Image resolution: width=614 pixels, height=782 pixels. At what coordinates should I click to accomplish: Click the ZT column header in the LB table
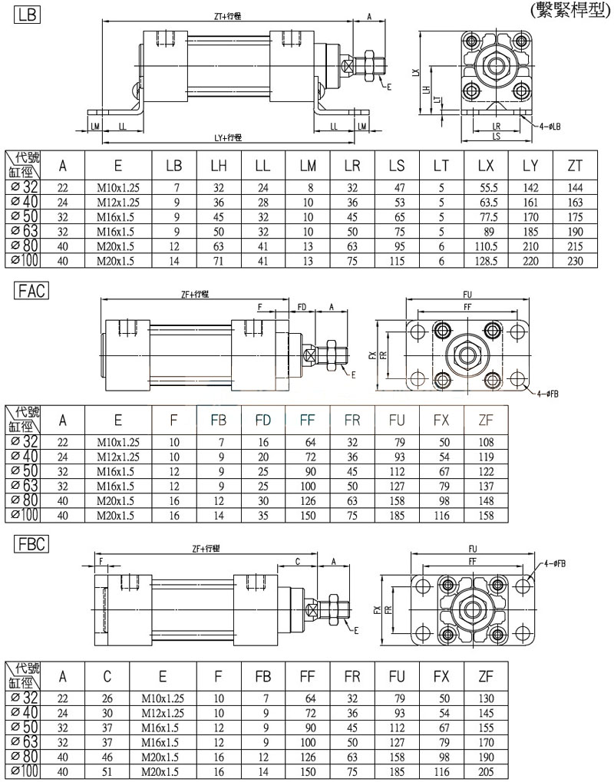point(574,165)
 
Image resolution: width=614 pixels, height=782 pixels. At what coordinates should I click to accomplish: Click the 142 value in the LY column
point(530,188)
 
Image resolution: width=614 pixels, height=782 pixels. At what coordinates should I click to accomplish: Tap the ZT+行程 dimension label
point(227,16)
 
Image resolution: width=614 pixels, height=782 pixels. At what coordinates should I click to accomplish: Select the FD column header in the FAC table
point(263,420)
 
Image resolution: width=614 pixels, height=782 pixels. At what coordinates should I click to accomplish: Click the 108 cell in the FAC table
point(485,442)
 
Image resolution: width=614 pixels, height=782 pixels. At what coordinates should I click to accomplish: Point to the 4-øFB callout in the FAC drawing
point(547,393)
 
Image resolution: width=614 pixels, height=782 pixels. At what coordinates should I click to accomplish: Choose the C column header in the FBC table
point(108,676)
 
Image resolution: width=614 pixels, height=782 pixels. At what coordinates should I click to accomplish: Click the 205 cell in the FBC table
point(485,771)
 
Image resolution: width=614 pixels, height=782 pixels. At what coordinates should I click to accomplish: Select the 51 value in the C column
point(108,771)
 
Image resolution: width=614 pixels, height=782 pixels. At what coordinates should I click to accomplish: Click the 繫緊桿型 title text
point(569,10)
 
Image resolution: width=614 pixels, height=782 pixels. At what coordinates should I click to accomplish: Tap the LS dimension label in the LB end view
point(497,136)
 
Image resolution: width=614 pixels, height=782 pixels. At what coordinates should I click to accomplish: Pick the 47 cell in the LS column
point(397,188)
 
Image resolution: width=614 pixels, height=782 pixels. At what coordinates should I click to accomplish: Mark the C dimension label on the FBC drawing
point(297,561)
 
